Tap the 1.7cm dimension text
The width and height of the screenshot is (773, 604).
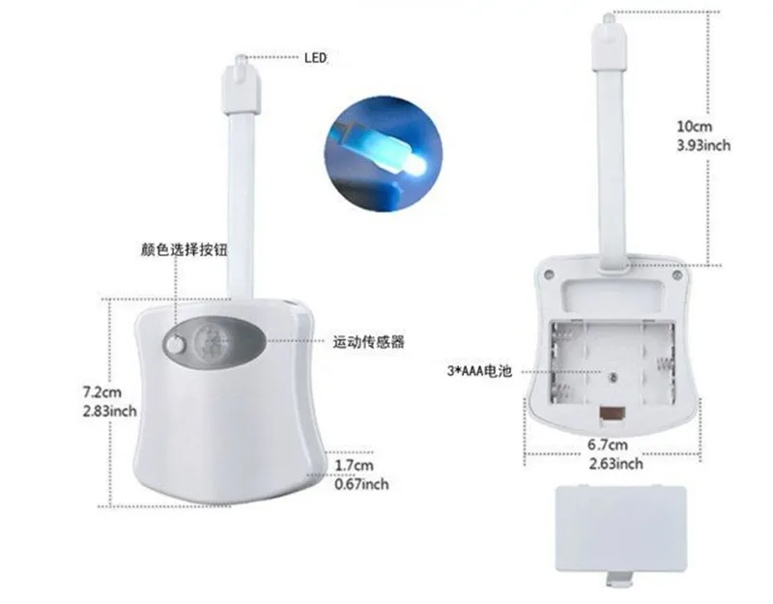pos(354,466)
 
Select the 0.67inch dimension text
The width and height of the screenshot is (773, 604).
pos(361,483)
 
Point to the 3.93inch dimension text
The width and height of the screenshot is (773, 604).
pos(702,145)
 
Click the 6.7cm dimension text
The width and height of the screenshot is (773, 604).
pos(609,446)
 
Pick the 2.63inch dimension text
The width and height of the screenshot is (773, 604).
pos(616,464)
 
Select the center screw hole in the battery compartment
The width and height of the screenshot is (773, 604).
pos(612,373)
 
